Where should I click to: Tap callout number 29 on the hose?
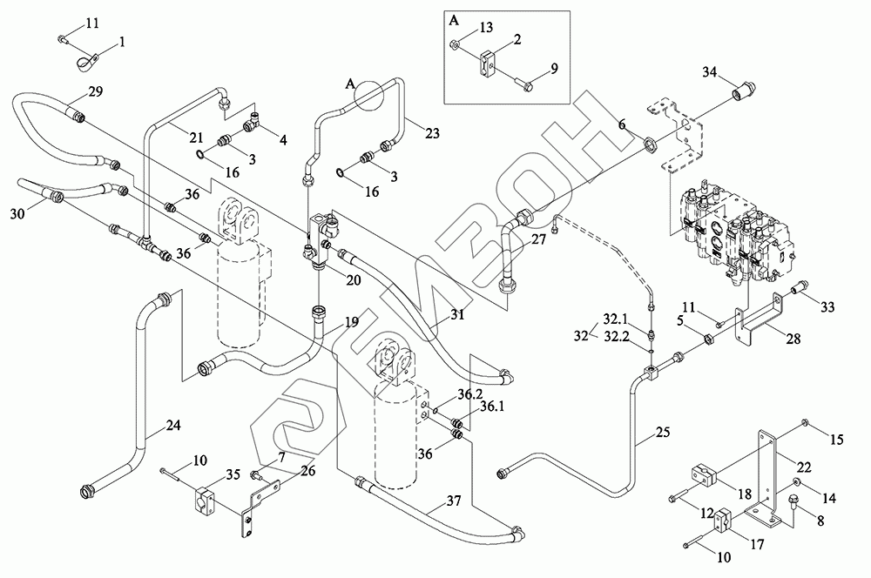click(96, 91)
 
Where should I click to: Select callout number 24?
click(174, 426)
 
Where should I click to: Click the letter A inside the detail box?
click(454, 18)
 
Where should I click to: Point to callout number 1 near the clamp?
click(122, 41)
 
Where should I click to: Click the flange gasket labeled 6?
click(649, 145)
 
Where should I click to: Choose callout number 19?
click(350, 322)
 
